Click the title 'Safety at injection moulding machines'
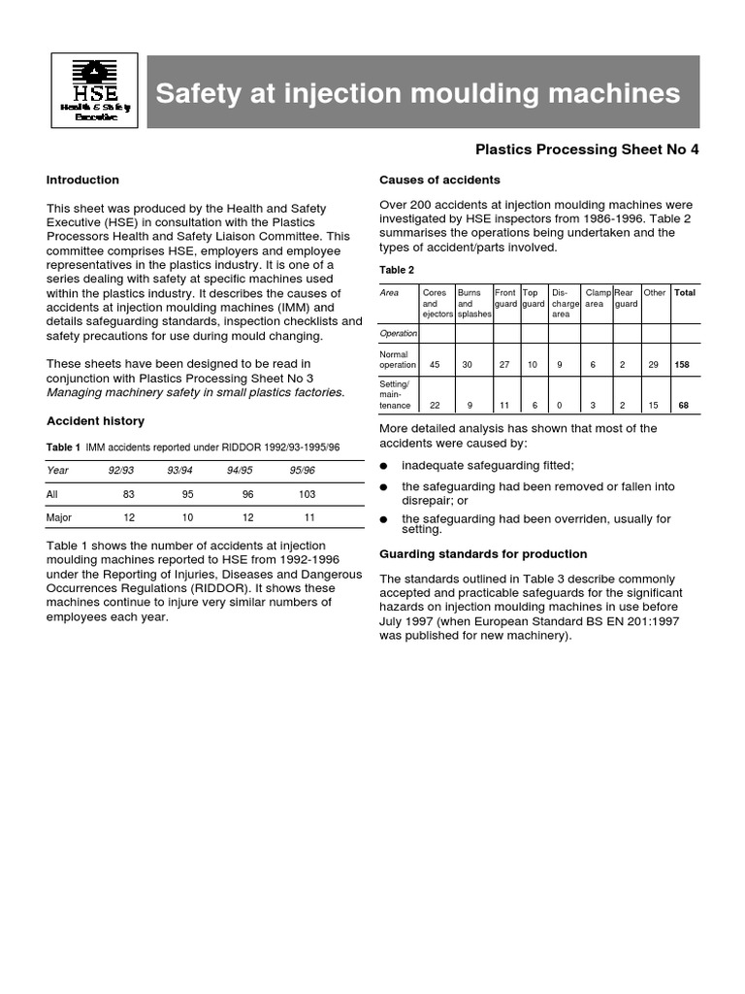pyautogui.click(x=418, y=93)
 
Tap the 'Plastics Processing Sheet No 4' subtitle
pyautogui.click(x=586, y=149)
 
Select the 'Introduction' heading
pyautogui.click(x=82, y=180)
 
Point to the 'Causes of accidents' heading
pyautogui.click(x=439, y=180)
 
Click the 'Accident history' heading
pyautogui.click(x=95, y=420)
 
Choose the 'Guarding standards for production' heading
pyautogui.click(x=482, y=554)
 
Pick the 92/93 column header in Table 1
pyautogui.click(x=120, y=470)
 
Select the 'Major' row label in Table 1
pyautogui.click(x=61, y=517)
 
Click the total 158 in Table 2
pyautogui.click(x=684, y=365)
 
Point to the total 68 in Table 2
pyautogui.click(x=684, y=406)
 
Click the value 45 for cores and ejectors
pyautogui.click(x=434, y=365)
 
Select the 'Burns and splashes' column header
pyautogui.click(x=473, y=303)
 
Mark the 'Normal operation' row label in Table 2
pyautogui.click(x=398, y=359)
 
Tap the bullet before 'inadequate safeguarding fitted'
pyautogui.click(x=383, y=466)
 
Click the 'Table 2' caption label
pyautogui.click(x=396, y=270)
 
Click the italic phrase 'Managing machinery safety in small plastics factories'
pyautogui.click(x=195, y=392)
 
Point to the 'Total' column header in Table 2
pyautogui.click(x=685, y=292)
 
